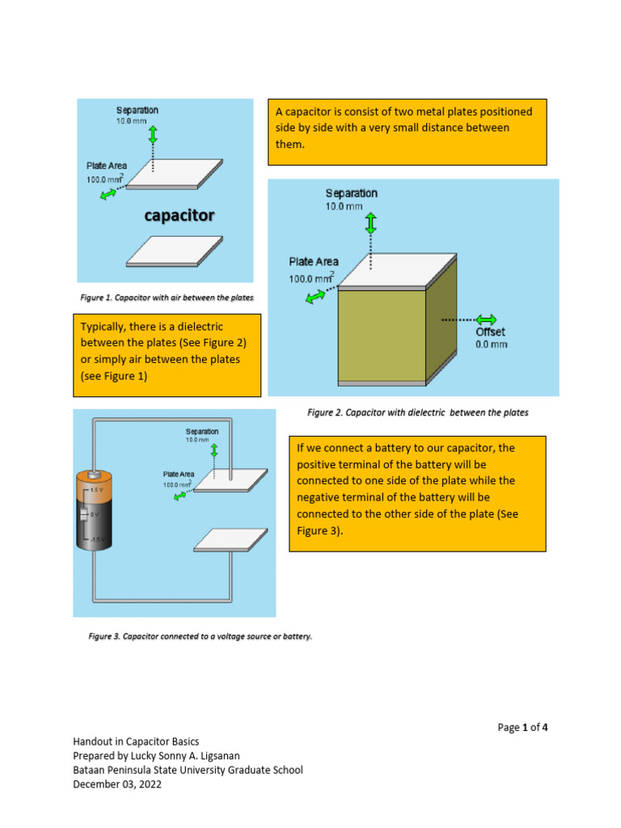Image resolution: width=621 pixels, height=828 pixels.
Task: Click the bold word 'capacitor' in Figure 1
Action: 180,215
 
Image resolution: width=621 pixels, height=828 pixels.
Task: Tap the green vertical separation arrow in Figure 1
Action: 154,134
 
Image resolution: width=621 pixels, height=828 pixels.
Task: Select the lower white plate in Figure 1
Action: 174,251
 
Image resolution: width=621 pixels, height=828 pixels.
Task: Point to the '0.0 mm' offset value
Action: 491,344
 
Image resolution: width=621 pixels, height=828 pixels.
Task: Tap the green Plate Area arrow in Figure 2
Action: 316,298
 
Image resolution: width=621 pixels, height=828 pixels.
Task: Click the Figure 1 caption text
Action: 167,298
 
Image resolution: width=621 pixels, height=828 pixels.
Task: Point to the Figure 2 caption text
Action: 418,412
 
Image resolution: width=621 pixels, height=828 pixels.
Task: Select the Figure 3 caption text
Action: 200,636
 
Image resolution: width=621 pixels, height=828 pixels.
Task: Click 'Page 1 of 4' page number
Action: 522,727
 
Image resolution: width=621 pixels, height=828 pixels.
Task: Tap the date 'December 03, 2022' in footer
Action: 117,784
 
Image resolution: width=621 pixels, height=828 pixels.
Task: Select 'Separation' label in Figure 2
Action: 351,193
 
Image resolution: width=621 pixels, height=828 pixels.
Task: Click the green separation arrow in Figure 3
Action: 214,450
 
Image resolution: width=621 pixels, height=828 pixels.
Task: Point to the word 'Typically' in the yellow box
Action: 103,327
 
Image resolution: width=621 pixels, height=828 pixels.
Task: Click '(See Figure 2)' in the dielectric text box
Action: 213,343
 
